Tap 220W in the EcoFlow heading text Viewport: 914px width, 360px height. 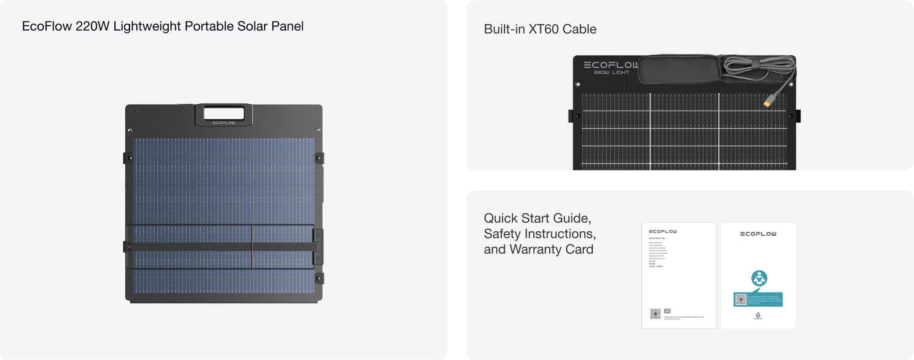(93, 26)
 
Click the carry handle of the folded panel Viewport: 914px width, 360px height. (223, 114)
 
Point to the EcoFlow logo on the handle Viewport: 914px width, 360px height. (223, 123)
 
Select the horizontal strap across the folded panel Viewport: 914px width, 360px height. (192, 247)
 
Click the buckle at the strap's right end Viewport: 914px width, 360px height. (318, 247)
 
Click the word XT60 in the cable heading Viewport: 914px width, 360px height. (543, 29)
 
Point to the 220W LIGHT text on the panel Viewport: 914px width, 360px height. (611, 73)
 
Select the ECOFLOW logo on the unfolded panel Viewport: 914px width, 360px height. (611, 65)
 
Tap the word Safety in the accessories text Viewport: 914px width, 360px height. (502, 234)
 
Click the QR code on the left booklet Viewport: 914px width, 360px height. (655, 314)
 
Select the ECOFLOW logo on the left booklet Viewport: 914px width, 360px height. (663, 232)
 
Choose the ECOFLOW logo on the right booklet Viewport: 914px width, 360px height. (758, 234)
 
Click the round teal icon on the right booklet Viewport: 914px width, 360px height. (759, 278)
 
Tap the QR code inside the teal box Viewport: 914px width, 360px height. (741, 300)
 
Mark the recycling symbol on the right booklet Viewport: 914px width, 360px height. (758, 315)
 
